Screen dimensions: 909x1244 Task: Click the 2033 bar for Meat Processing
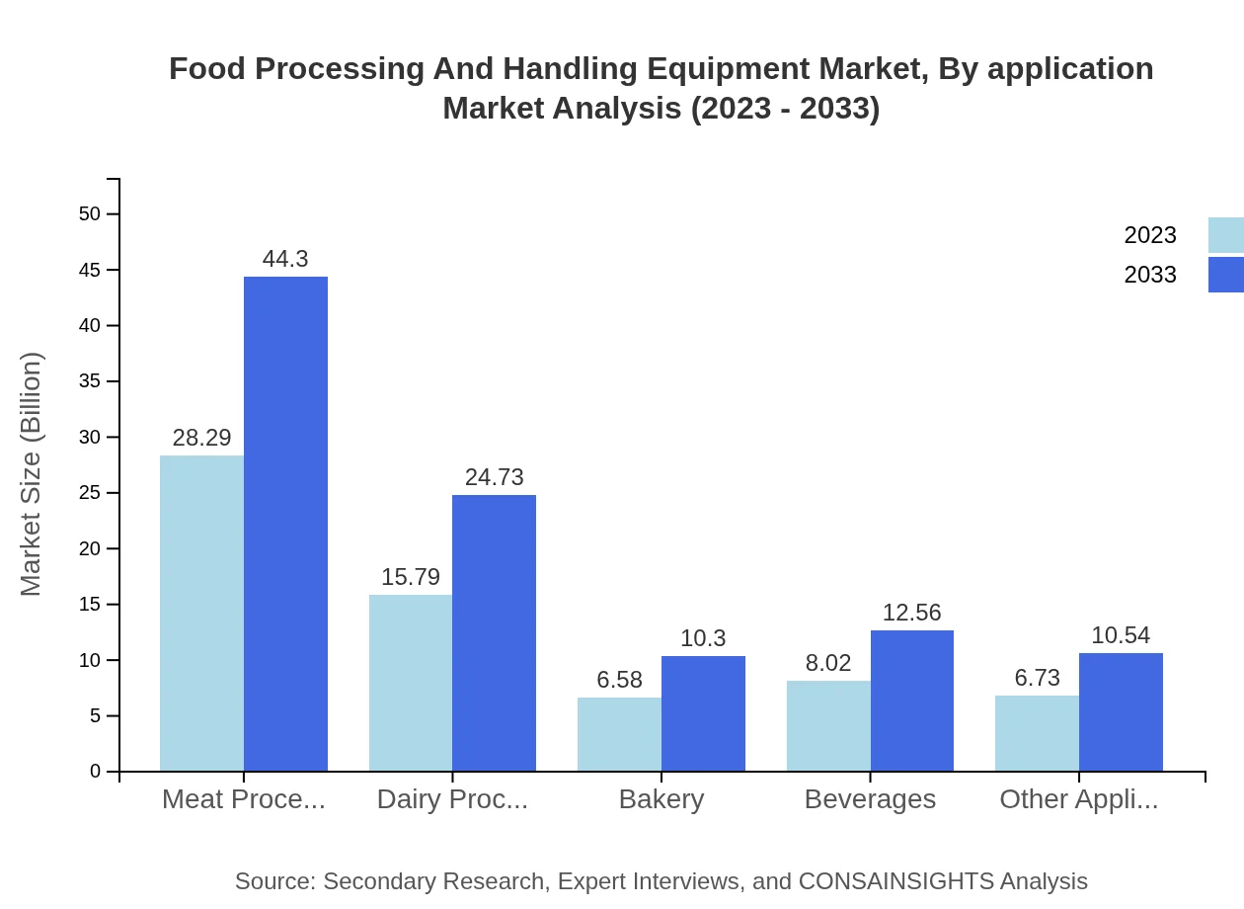tap(285, 524)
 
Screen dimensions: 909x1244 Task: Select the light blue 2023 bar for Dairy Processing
tap(411, 682)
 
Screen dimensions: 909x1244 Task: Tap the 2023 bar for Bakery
tap(619, 733)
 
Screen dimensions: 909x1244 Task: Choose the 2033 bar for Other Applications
tap(1121, 711)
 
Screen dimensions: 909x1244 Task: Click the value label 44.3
tap(285, 259)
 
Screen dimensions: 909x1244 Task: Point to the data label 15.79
tap(411, 577)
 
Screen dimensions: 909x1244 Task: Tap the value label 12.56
tap(911, 613)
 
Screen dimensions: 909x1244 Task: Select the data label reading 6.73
tap(1037, 678)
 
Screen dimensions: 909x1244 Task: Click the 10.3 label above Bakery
tap(703, 638)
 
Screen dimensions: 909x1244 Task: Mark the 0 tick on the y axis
tap(96, 772)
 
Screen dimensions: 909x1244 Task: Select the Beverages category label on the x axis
tap(870, 799)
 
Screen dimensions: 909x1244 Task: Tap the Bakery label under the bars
tap(661, 799)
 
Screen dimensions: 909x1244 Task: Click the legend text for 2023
tap(1150, 235)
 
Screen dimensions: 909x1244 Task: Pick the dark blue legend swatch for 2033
tap(1225, 275)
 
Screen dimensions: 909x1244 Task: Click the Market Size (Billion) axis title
tap(32, 474)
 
